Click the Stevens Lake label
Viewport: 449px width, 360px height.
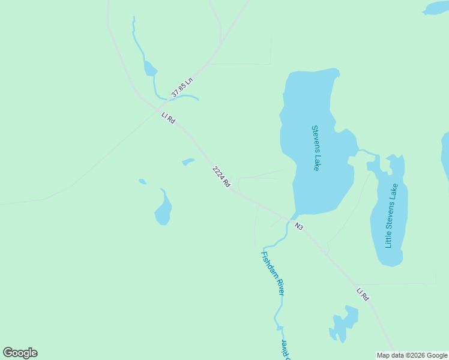(315, 148)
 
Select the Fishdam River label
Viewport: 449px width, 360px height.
(271, 273)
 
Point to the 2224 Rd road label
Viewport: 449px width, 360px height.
(221, 178)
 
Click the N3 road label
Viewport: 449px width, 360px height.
(299, 226)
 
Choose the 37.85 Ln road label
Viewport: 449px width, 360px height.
(182, 88)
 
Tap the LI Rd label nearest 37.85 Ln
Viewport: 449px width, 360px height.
(168, 118)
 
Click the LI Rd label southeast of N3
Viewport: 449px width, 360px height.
(362, 294)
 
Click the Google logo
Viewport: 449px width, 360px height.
(20, 353)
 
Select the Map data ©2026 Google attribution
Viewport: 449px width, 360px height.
(412, 355)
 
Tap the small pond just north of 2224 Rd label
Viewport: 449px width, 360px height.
(188, 161)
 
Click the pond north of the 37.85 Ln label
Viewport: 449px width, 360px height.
(149, 69)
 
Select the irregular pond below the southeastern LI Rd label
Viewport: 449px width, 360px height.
(345, 324)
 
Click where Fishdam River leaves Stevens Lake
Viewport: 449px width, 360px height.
(294, 217)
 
